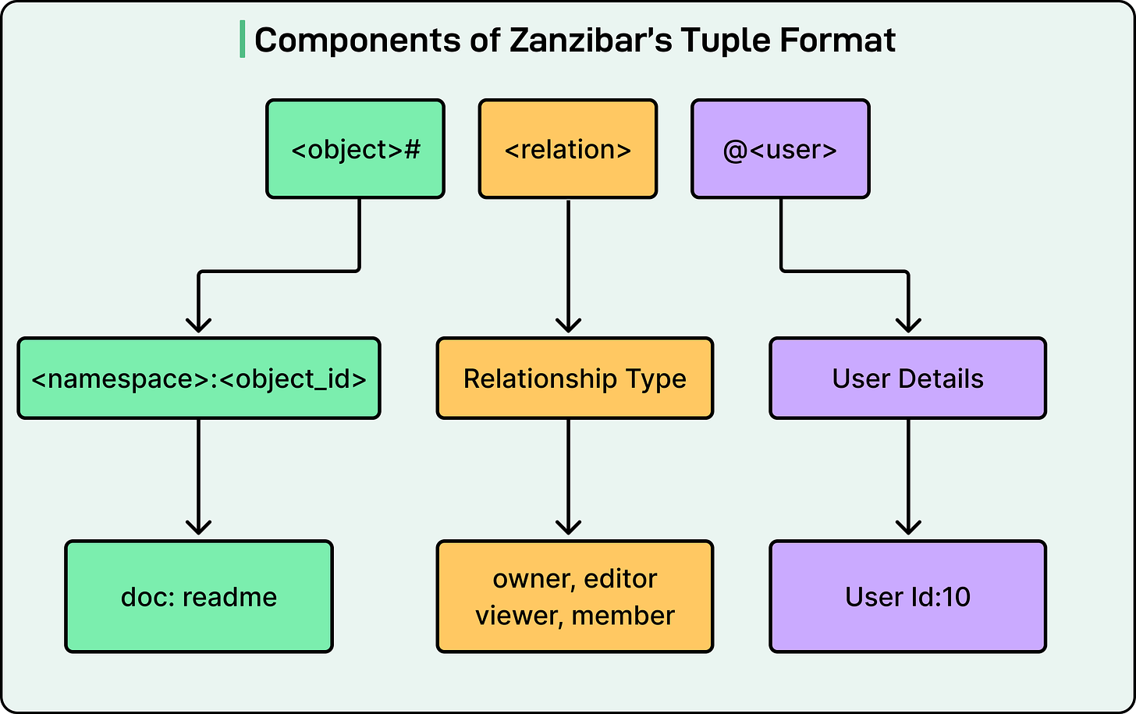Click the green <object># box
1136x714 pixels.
[x=355, y=148]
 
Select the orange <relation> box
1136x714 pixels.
[x=567, y=148]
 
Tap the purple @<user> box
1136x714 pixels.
[x=780, y=148]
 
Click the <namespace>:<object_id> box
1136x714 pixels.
[x=199, y=378]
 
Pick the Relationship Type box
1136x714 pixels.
[x=574, y=378]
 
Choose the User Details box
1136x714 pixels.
[x=907, y=378]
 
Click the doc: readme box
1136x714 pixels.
[x=199, y=597]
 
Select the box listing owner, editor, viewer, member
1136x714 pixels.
[x=574, y=597]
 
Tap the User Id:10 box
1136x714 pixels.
[x=907, y=597]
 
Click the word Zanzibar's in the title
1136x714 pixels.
[x=591, y=41]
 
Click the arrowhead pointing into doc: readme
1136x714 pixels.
[x=199, y=527]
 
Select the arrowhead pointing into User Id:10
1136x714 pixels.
[x=908, y=527]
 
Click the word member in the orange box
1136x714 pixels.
[x=623, y=616]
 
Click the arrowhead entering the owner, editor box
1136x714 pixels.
[x=568, y=527]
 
